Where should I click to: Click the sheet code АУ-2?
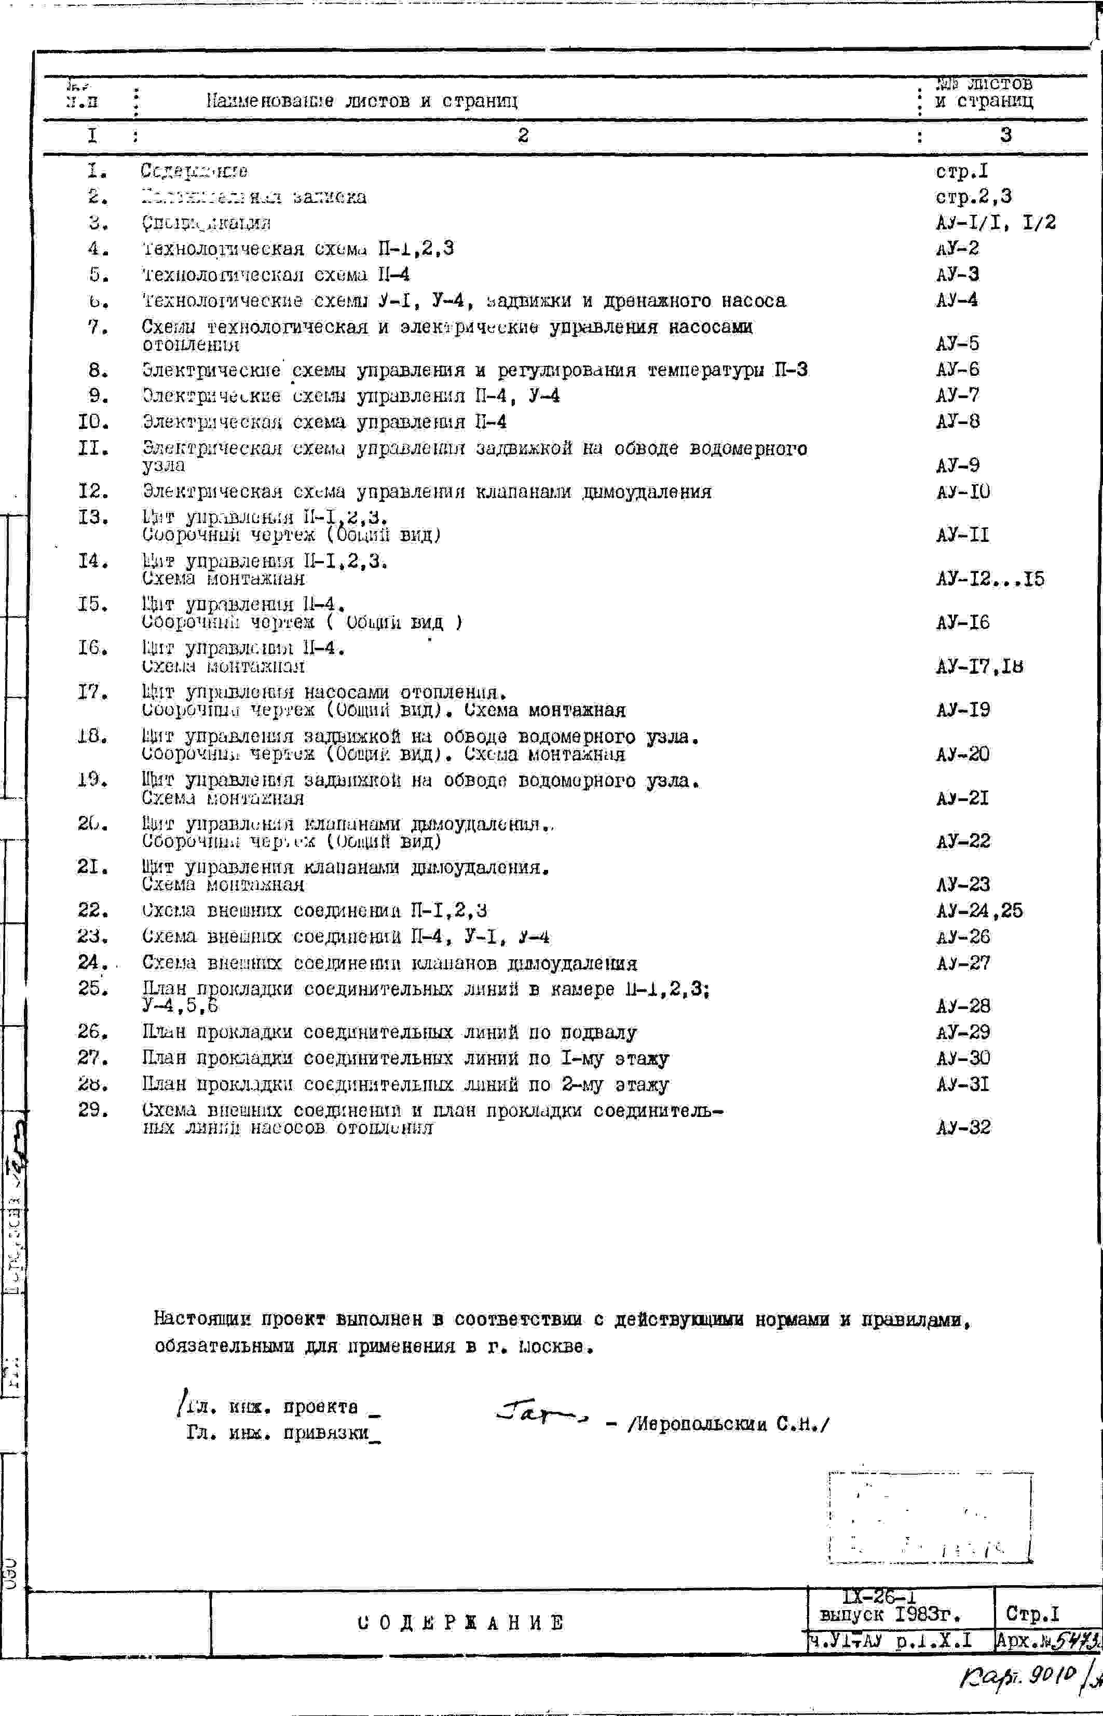coord(957,249)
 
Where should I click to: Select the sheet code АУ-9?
coord(958,466)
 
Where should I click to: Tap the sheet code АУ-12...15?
coord(990,579)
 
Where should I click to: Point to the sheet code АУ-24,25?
coord(979,910)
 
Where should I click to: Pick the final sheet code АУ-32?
coord(963,1127)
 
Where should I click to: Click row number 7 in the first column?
coord(98,328)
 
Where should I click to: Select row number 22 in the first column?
coord(93,910)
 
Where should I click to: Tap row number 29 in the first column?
coord(93,1110)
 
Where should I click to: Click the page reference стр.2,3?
coord(973,197)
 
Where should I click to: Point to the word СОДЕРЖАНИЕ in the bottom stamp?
coord(460,1623)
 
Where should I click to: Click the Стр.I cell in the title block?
coord(1032,1614)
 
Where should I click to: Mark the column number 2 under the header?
coord(523,135)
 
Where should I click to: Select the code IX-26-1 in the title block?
coord(879,1597)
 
